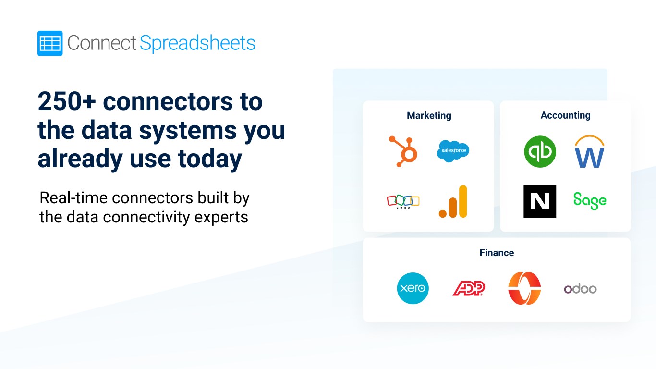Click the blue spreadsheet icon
50,43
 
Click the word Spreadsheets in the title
197,43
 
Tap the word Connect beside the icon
102,43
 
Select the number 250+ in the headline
67,101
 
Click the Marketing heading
429,116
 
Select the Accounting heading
566,115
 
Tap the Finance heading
497,253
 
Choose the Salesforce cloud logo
453,151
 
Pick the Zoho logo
403,201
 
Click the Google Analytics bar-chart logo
453,201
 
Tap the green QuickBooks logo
540,151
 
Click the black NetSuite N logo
540,201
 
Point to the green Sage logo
590,201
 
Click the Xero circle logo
413,288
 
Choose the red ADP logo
469,288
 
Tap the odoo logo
581,289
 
